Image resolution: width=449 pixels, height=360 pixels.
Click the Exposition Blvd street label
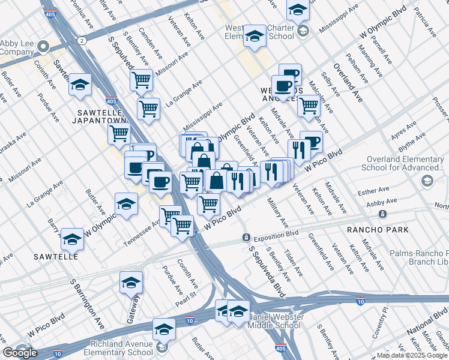pyautogui.click(x=276, y=234)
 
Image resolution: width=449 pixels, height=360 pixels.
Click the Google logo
pyautogui.click(x=20, y=353)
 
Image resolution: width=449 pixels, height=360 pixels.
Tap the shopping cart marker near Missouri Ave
pyautogui.click(x=142, y=79)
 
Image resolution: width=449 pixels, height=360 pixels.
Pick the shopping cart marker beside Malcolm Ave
pyautogui.click(x=309, y=106)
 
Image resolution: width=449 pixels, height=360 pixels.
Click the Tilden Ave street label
pyautogui.click(x=291, y=262)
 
